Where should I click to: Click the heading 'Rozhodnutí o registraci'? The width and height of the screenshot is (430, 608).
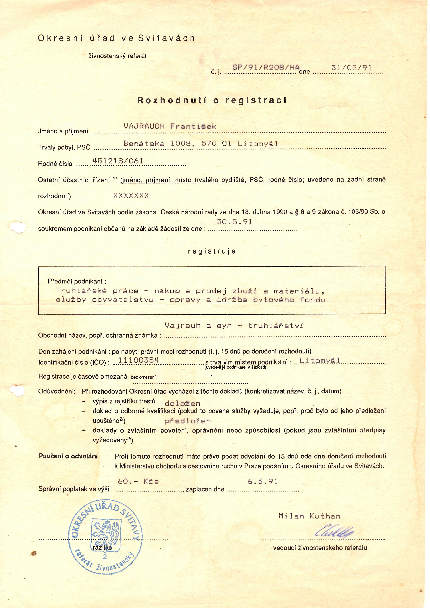[x=212, y=100]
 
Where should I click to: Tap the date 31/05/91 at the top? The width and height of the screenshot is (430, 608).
[x=351, y=68]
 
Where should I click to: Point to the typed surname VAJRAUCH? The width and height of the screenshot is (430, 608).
[x=144, y=126]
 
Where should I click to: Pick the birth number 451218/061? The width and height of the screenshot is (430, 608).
[x=118, y=161]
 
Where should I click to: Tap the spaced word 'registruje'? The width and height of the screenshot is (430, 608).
[x=212, y=251]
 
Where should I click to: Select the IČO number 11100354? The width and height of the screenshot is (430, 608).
[x=139, y=360]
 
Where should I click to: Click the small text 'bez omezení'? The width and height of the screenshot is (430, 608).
[x=143, y=377]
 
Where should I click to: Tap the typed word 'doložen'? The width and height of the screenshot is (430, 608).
[x=182, y=404]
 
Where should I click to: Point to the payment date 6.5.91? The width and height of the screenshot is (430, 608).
[x=262, y=481]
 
